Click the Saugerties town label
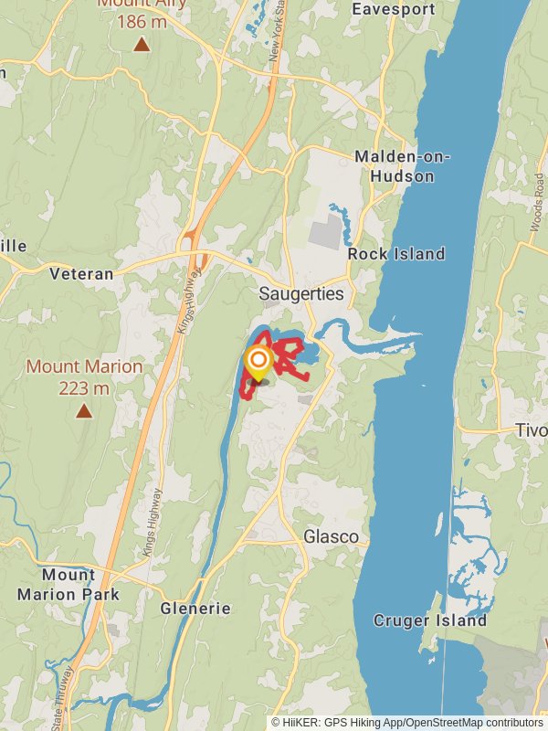point(300,294)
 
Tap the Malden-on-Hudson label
point(402,166)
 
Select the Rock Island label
point(396,254)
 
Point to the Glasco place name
point(331,536)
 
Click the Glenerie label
point(195,608)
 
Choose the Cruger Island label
point(430,620)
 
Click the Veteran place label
point(81,273)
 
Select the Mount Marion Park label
point(68,585)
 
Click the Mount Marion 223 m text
point(84,376)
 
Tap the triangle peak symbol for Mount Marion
point(84,411)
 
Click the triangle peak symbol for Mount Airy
point(141,43)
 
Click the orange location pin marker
point(258,362)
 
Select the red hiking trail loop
point(290,347)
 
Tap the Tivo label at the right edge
point(531,430)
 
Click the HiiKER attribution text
point(406,722)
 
